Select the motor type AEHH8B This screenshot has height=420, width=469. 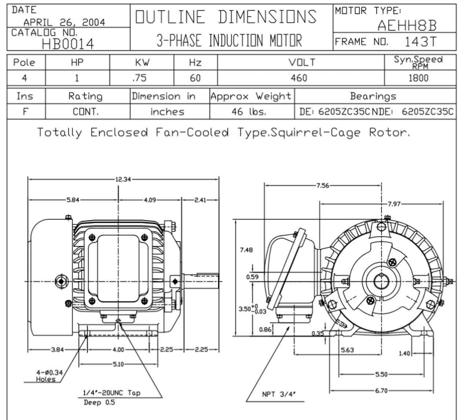pyautogui.click(x=407, y=26)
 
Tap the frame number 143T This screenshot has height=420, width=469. pyautogui.click(x=421, y=42)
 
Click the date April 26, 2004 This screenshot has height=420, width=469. pyautogui.click(x=64, y=22)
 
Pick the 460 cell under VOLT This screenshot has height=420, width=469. pyautogui.click(x=299, y=78)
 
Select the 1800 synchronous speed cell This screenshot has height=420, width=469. pyautogui.click(x=418, y=78)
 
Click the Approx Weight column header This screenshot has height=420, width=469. pyautogui.click(x=251, y=97)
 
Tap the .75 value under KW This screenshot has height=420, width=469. pyautogui.click(x=139, y=78)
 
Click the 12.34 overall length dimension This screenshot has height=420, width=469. pyautogui.click(x=123, y=180)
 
